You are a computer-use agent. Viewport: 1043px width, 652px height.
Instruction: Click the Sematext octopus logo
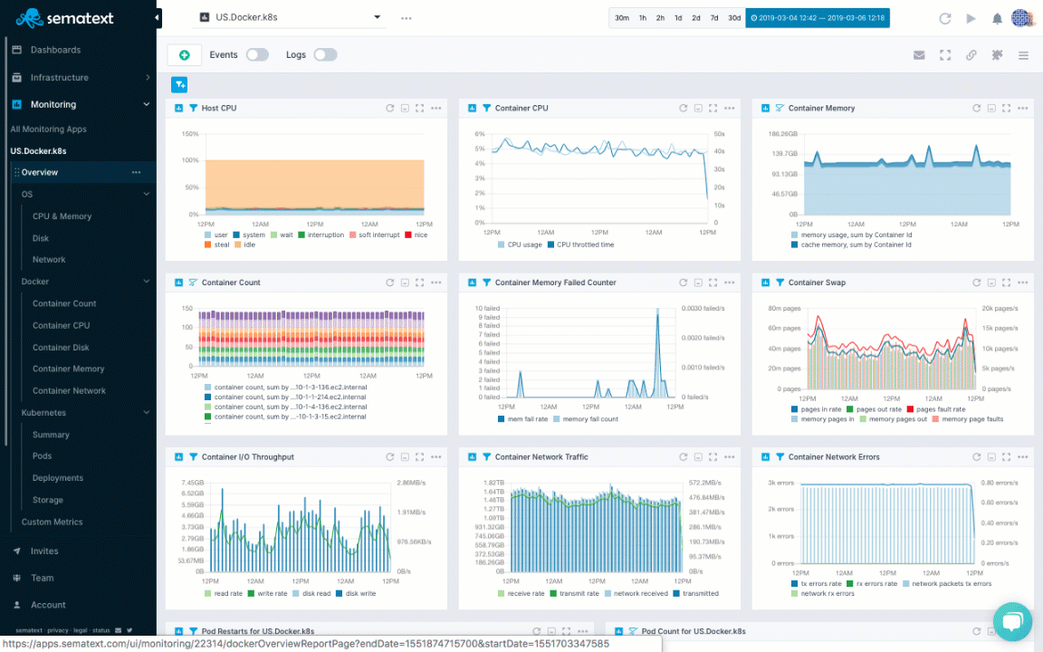28,17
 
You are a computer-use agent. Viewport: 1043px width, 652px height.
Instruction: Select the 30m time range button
622,17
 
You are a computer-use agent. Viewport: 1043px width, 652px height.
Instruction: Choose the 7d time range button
714,17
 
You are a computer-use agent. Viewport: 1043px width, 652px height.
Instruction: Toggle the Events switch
257,55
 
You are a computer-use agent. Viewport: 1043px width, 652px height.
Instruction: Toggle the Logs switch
325,55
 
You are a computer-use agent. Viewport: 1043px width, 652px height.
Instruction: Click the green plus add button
184,55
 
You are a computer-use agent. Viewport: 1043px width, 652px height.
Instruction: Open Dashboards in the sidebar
55,50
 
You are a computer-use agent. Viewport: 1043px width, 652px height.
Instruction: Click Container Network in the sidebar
69,391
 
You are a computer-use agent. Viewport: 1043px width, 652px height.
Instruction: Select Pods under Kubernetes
43,456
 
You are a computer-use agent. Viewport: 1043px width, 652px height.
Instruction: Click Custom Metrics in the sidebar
52,523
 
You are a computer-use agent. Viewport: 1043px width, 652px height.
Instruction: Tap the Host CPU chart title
218,109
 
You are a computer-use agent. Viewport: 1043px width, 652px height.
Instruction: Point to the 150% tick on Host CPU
190,134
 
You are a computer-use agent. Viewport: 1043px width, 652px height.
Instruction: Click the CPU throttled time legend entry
585,244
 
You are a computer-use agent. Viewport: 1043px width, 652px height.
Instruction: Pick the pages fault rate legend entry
941,409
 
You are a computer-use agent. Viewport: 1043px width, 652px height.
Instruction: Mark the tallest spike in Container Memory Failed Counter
658,310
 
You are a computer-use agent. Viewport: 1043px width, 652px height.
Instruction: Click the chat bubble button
1011,621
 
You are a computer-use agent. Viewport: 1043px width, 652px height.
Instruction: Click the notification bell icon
997,18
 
